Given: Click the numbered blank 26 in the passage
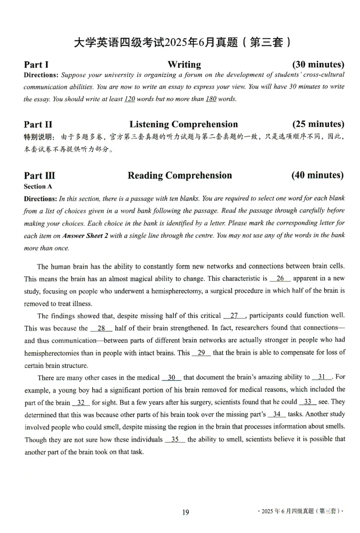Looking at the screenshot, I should pos(280,279).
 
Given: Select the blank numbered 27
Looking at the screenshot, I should pos(234,316).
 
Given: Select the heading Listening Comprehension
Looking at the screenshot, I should pos(184,124).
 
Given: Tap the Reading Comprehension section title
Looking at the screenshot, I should pos(180,175).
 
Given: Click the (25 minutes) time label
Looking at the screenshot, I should pos(318,124).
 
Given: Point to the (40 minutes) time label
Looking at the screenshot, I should pos(317,175).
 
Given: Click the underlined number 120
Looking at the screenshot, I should pos(129,99).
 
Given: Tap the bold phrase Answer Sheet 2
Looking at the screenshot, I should pos(85,236).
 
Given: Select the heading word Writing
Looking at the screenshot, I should pos(184,65).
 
